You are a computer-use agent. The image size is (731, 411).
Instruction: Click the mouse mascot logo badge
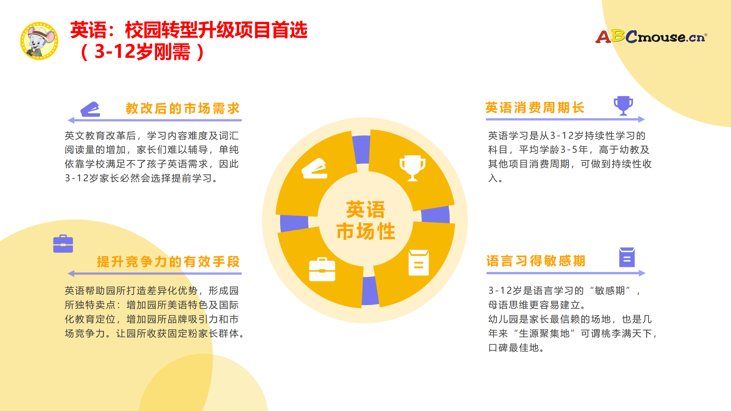(x=39, y=41)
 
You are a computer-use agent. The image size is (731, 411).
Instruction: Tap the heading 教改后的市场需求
(x=183, y=108)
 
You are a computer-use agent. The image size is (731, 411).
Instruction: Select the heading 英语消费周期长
(x=535, y=108)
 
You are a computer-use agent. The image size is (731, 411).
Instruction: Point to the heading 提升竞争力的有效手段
(x=168, y=261)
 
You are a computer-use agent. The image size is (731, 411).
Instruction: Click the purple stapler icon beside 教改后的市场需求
(x=91, y=109)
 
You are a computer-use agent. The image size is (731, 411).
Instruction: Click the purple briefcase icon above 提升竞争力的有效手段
(x=63, y=244)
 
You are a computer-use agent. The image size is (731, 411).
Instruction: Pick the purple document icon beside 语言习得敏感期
(x=627, y=257)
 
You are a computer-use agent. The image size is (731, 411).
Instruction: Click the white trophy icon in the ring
(x=412, y=168)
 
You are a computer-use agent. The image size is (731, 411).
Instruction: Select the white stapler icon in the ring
(x=315, y=169)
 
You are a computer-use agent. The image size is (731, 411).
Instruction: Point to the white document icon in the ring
(x=419, y=263)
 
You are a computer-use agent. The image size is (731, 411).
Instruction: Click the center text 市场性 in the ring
(x=366, y=231)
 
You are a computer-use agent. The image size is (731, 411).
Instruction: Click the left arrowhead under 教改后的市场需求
(x=71, y=120)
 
